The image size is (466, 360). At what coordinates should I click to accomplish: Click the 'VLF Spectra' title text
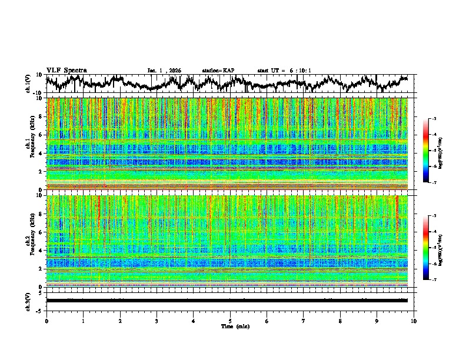(x=66, y=70)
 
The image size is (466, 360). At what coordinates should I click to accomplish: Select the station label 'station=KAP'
(x=218, y=71)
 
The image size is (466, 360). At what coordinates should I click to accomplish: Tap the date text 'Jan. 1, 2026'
(x=164, y=71)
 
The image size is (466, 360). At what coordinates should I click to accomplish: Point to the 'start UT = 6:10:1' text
(x=284, y=71)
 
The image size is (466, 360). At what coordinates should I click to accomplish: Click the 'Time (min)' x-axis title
(x=230, y=326)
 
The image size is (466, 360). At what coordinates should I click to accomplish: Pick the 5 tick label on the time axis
(x=230, y=321)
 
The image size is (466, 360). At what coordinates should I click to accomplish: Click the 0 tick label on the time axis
(x=46, y=321)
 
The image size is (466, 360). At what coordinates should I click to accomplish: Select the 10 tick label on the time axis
(x=414, y=321)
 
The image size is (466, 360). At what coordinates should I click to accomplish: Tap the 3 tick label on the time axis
(x=157, y=321)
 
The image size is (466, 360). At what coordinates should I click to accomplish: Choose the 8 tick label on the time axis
(x=340, y=321)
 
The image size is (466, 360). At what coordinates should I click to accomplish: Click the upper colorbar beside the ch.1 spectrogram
(x=432, y=151)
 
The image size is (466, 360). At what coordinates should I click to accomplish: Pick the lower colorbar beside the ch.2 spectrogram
(x=432, y=248)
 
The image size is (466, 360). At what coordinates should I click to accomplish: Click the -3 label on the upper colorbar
(x=438, y=119)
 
